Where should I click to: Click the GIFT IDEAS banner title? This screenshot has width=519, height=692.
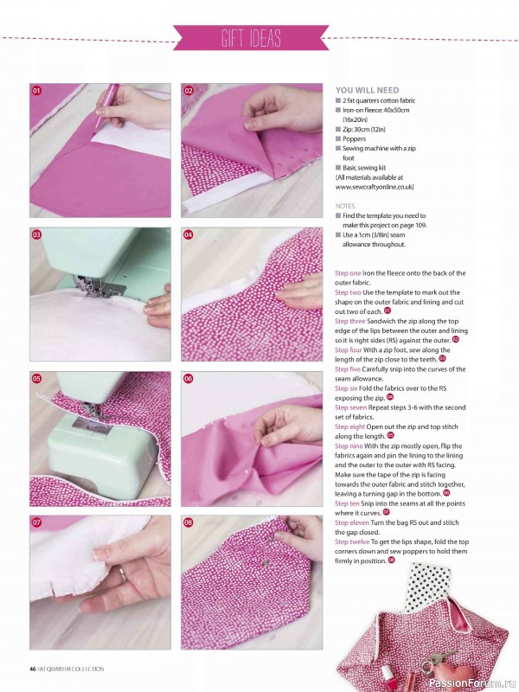259,37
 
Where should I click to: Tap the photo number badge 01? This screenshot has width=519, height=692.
37,90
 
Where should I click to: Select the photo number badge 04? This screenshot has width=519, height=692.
189,234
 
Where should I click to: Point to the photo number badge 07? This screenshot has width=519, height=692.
37,522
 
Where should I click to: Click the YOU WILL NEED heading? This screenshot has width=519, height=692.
367,90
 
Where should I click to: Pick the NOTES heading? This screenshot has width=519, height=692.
345,206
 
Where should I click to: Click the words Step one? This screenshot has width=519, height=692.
350,273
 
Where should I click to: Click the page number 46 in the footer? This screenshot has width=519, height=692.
32,669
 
